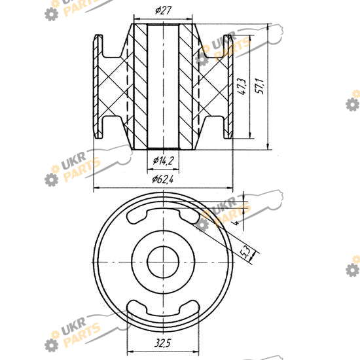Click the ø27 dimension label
[163, 10]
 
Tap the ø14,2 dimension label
[163, 160]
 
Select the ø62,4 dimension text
[163, 179]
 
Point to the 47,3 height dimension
[242, 86]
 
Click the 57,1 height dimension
[261, 86]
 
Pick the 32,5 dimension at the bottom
[162, 344]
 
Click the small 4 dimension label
[236, 222]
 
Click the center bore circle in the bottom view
[163, 262]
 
